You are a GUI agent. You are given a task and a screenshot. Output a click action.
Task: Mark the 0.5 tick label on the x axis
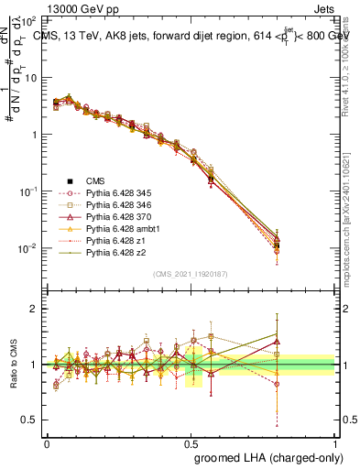pos(191,442)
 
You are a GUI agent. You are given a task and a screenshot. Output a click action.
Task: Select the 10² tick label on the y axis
pos(29,20)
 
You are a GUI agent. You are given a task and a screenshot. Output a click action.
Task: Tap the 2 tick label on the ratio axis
pos(34,309)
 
